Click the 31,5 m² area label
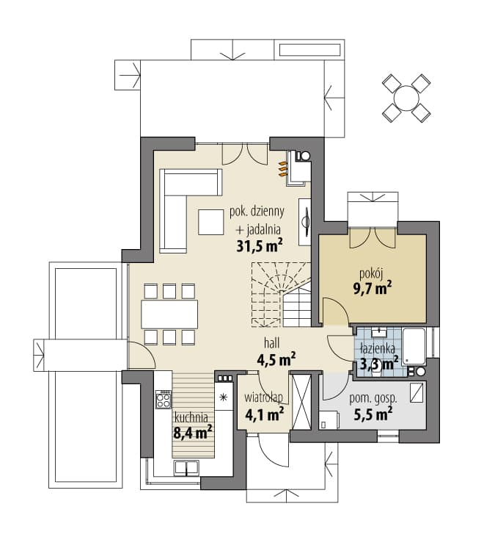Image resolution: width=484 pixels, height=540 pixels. tap(260, 245)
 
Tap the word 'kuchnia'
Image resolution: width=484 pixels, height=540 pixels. tap(191, 418)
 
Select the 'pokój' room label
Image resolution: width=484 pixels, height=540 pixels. tap(371, 274)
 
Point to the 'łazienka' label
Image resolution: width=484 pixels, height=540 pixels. tap(378, 349)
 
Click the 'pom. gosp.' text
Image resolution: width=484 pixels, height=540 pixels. tap(373, 399)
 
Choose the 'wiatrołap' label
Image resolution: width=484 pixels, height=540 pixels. tap(264, 397)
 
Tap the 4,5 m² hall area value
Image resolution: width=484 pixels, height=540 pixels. tap(276, 360)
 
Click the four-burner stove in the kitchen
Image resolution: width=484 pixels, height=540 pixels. tap(164, 399)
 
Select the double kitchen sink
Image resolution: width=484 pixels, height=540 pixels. tap(186, 468)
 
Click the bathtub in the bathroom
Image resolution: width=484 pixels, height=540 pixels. tap(414, 347)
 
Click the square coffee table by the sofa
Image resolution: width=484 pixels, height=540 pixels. tap(210, 222)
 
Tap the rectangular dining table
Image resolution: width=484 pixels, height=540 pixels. tap(169, 314)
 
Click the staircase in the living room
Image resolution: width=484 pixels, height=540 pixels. tap(281, 295)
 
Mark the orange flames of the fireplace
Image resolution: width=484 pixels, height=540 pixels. tap(282, 169)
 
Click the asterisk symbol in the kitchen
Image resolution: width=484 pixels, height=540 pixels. tap(224, 397)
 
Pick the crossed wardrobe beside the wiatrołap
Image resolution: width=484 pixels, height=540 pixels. tap(301, 401)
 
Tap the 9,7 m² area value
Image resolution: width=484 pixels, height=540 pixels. tap(373, 289)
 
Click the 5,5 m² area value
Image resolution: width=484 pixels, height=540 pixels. tap(373, 414)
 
